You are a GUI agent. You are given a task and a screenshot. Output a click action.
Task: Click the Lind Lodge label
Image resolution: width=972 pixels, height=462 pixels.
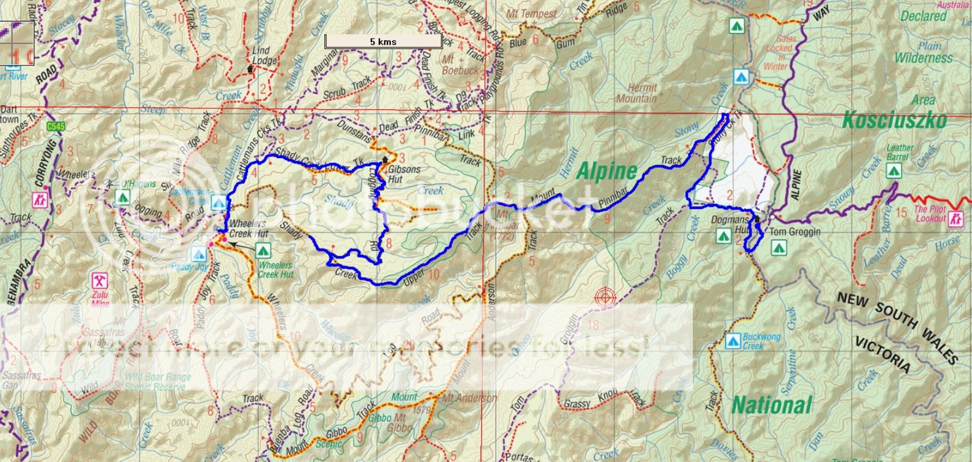264,56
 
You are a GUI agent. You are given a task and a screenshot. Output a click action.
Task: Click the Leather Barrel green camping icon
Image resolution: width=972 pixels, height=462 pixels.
893,171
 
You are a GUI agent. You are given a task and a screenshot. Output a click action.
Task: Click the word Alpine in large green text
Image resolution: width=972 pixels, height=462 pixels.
607,172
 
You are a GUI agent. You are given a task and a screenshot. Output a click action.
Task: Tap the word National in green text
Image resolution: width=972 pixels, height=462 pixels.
772,405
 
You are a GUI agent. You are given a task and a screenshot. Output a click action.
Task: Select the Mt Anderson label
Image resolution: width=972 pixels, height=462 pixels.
468,398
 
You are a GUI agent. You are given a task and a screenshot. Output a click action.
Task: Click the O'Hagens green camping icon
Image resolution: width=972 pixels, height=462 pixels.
122,197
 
